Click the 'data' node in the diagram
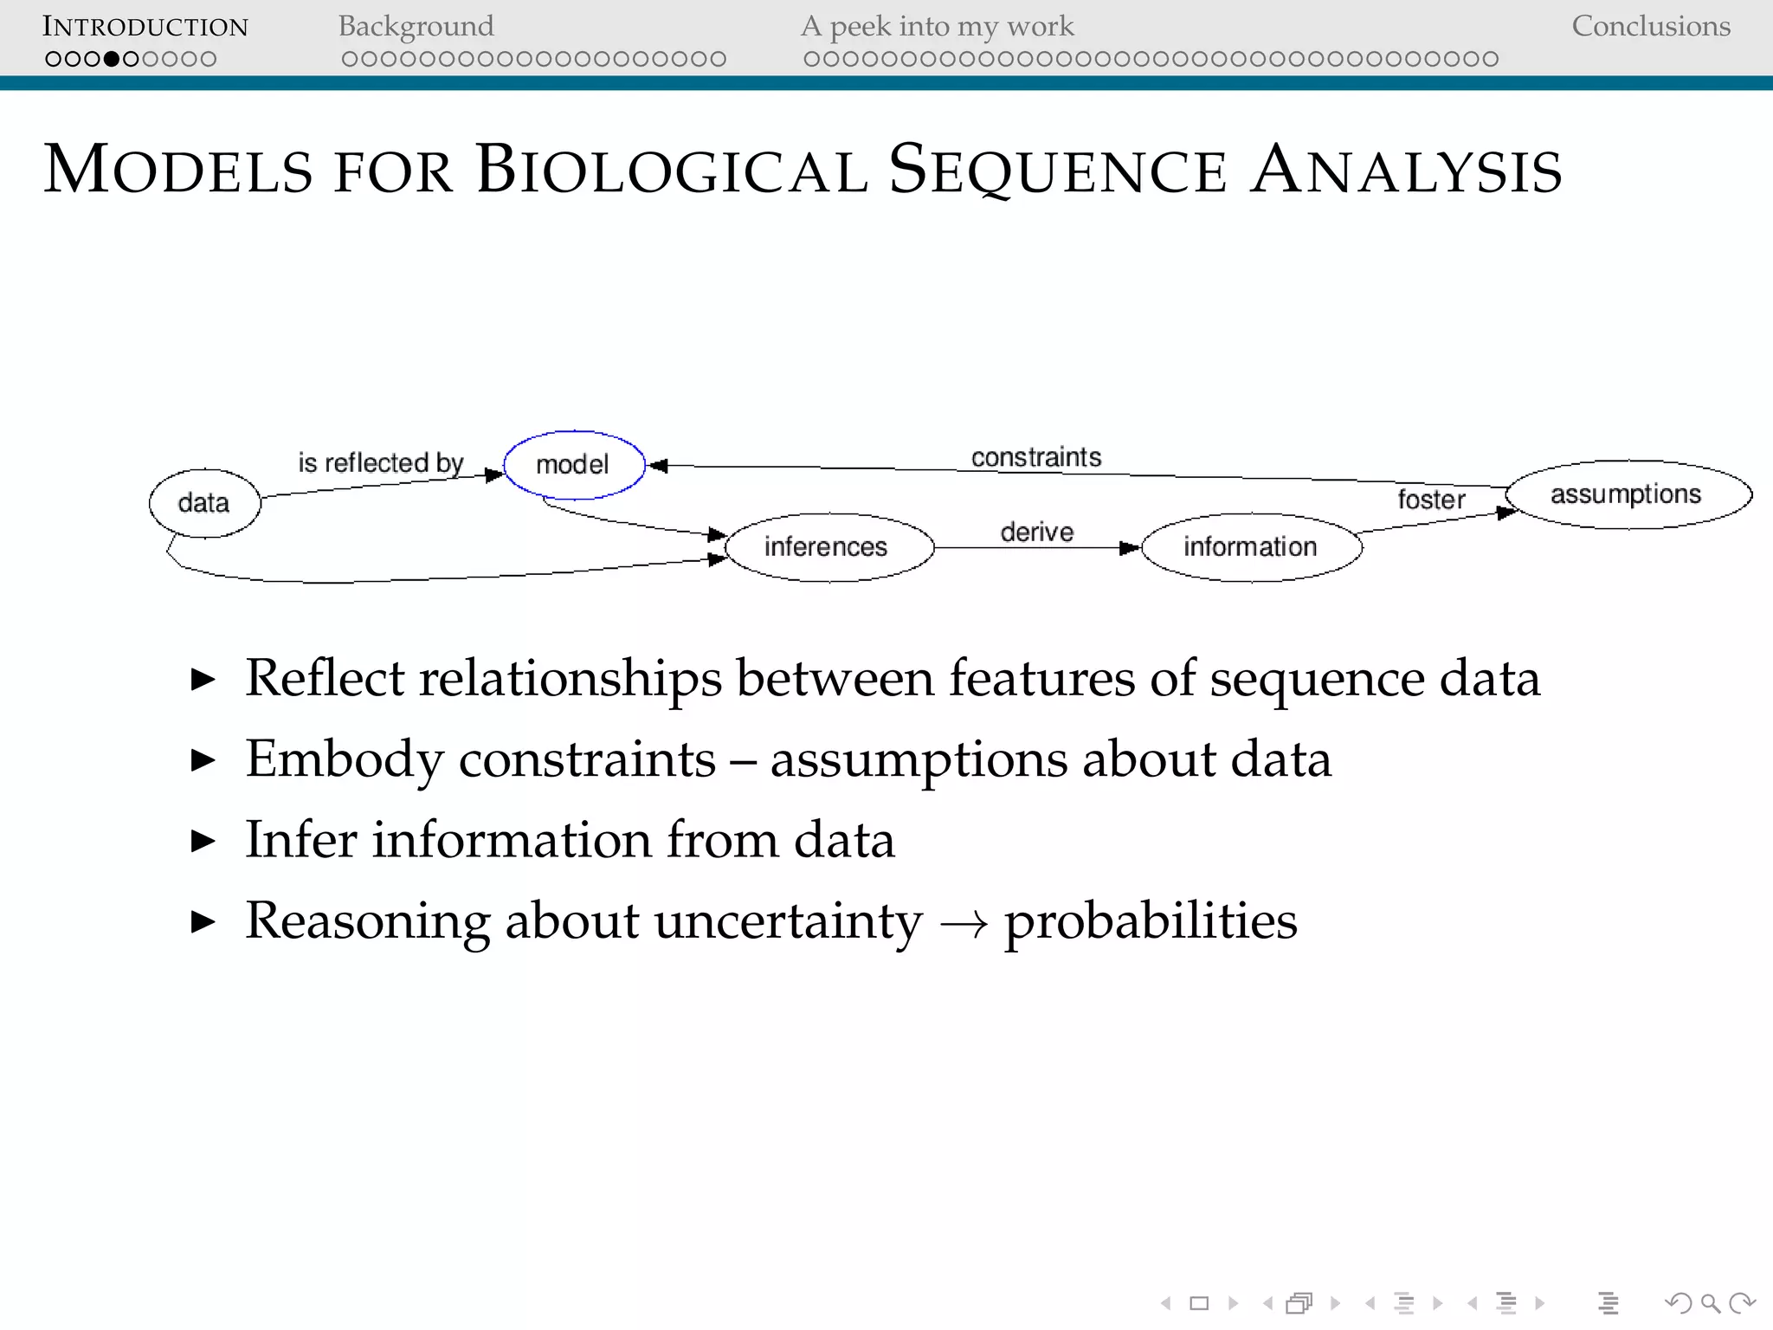click(204, 503)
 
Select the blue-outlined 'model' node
click(574, 465)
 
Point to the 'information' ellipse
click(1251, 547)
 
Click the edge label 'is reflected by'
click(381, 463)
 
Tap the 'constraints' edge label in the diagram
click(1036, 457)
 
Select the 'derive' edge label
click(1036, 532)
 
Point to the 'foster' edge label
click(1431, 500)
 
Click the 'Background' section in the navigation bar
click(416, 27)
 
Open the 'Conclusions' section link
click(1650, 27)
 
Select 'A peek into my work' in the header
click(937, 27)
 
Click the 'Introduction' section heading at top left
click(145, 27)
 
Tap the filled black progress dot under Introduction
click(112, 59)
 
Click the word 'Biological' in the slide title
click(671, 170)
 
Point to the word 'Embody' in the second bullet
click(344, 759)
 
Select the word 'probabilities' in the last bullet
click(1151, 920)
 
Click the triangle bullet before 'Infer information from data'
click(203, 841)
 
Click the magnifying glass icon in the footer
click(1710, 1303)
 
